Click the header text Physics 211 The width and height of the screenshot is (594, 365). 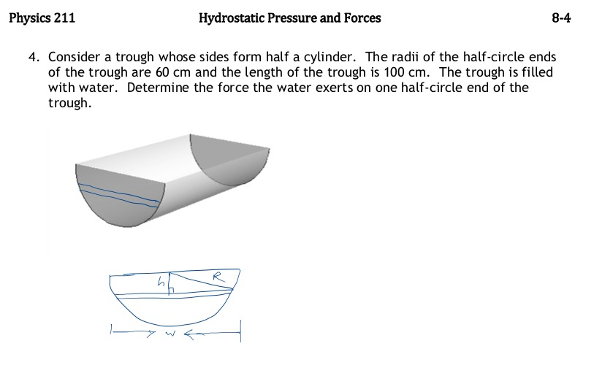[x=42, y=18]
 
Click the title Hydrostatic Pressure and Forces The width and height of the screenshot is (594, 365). [x=289, y=18]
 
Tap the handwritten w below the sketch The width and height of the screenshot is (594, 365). [x=167, y=335]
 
